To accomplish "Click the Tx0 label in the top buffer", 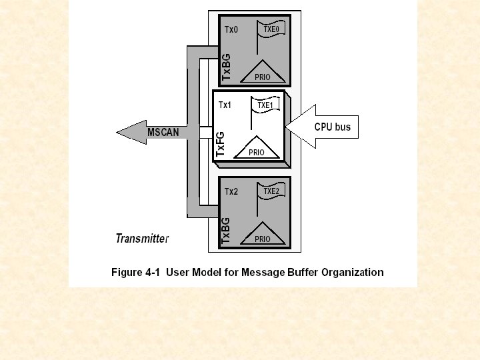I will (231, 30).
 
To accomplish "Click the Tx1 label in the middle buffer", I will (225, 105).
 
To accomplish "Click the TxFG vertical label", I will (220, 145).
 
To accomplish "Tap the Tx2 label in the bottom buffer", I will (231, 192).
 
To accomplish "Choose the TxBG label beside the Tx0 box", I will (226, 67).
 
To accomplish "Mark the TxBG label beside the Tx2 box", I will (226, 229).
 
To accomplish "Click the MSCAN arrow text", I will (163, 132).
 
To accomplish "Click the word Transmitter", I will (142, 238).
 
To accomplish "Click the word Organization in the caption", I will (353, 272).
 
